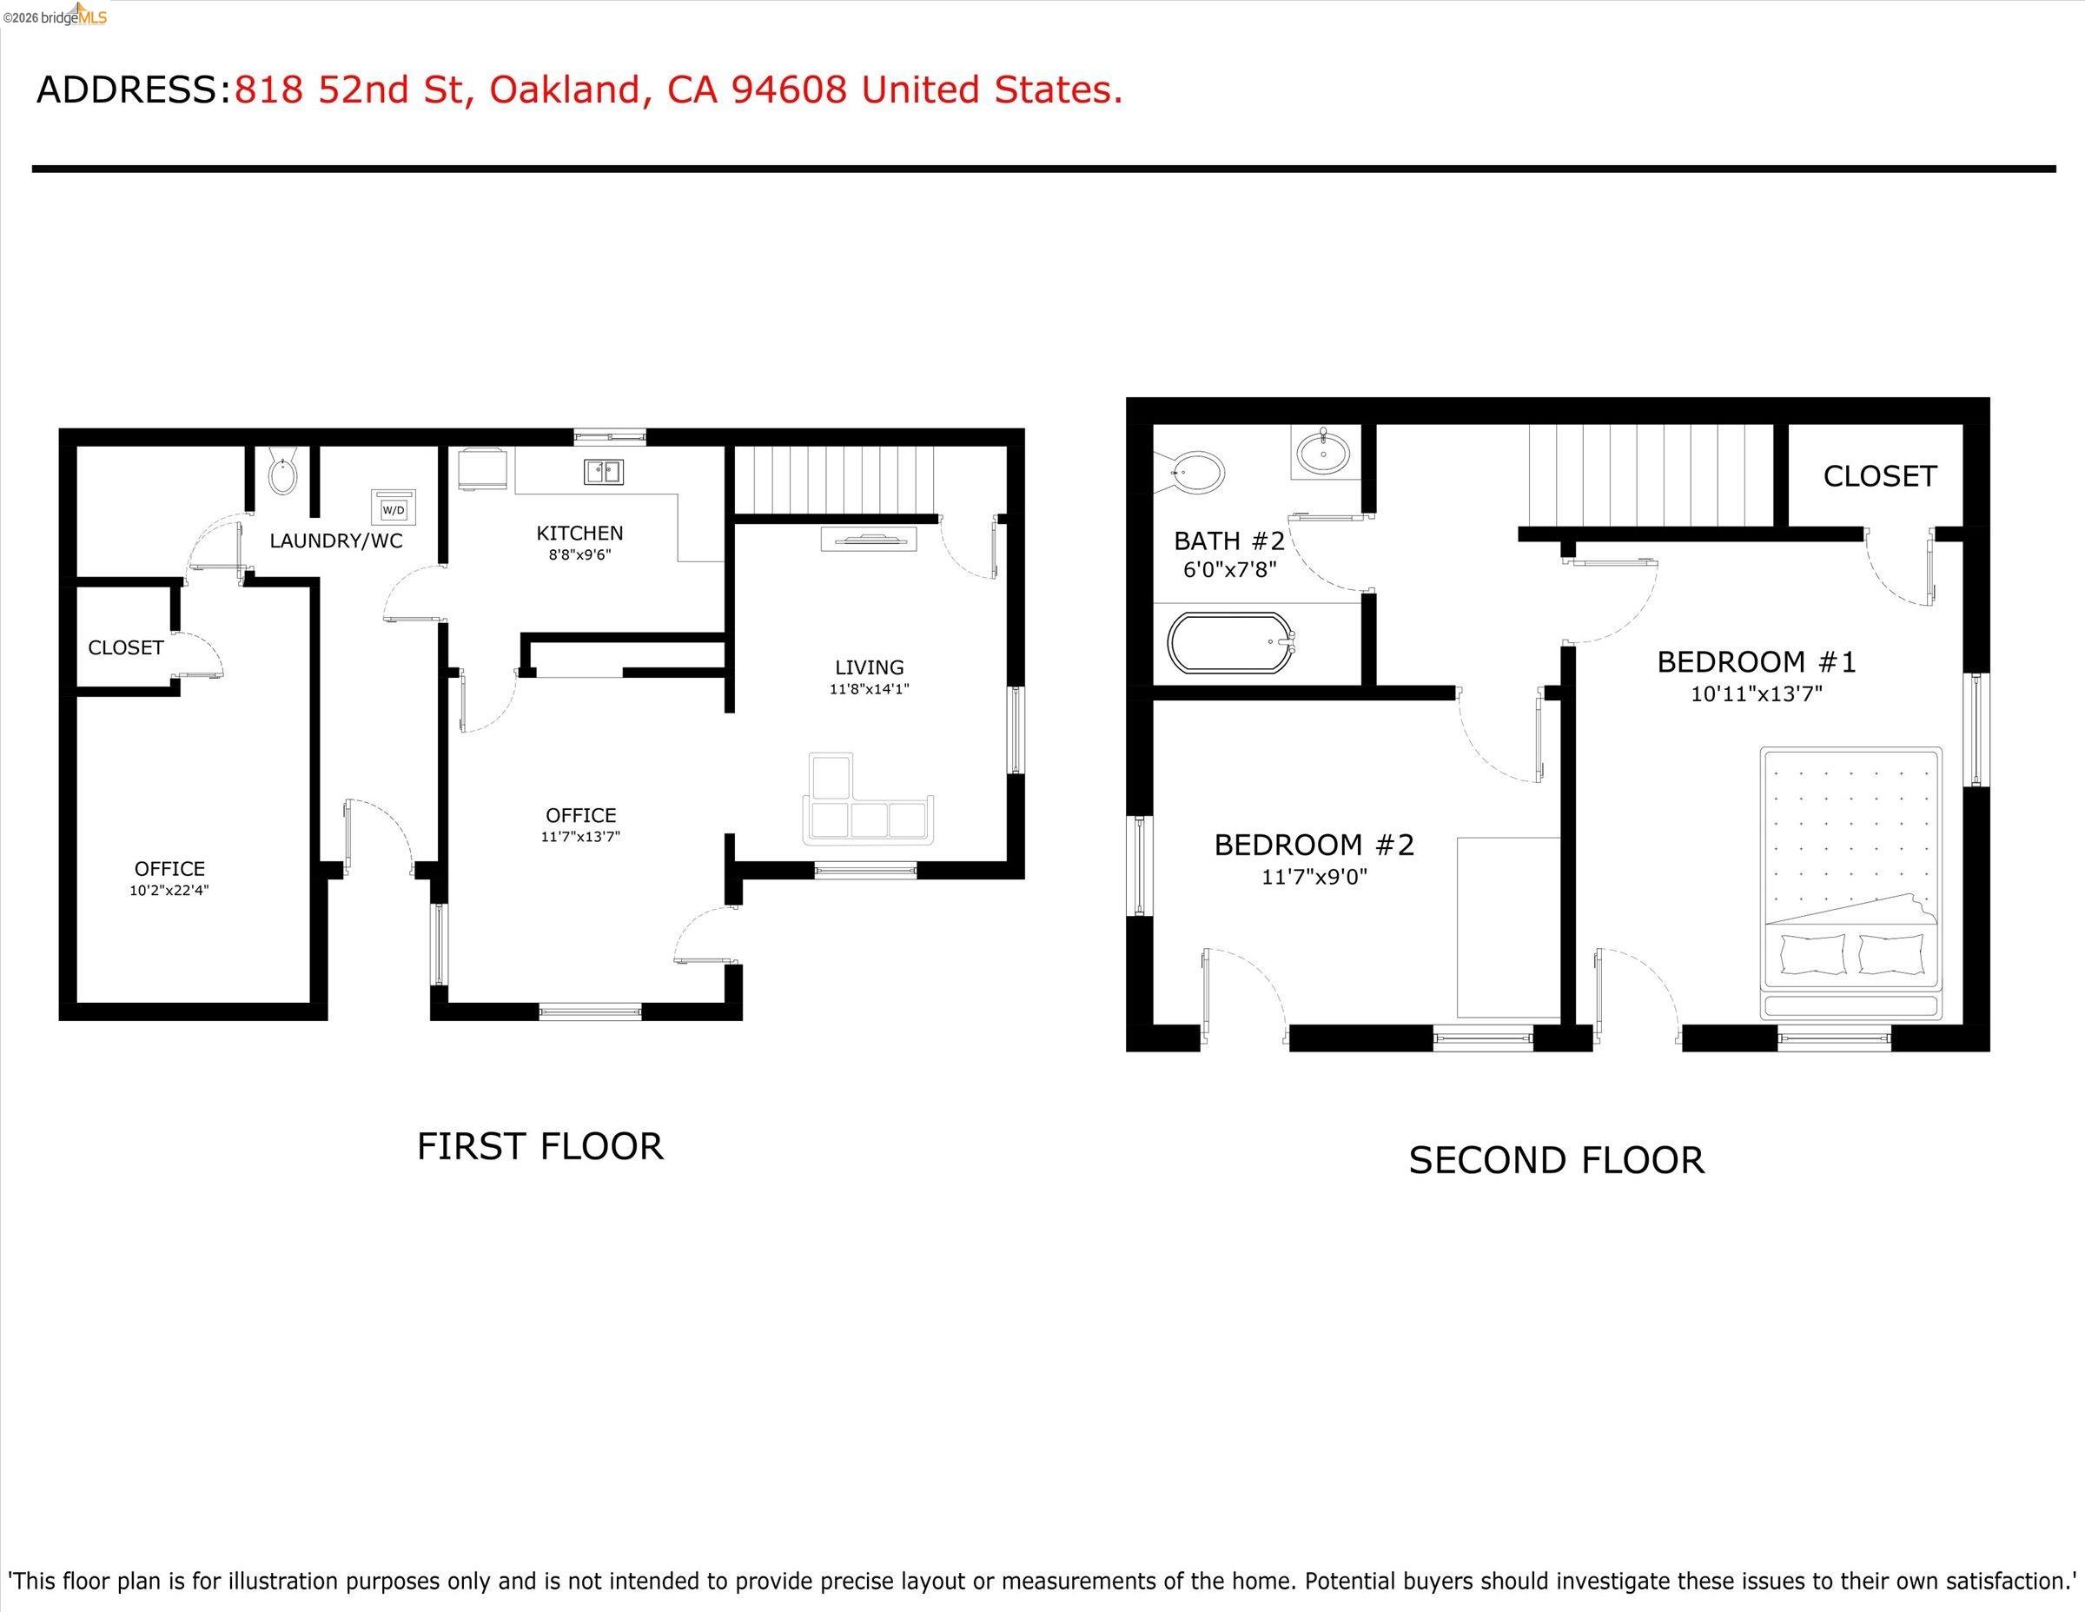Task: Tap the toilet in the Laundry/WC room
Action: [282, 474]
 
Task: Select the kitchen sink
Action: [604, 472]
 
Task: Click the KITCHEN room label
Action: [579, 533]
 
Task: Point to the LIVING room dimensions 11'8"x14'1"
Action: [869, 688]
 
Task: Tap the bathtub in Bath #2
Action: [1230, 643]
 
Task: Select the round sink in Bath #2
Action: [1323, 452]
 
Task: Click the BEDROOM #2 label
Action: [1314, 844]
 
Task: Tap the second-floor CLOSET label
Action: [1880, 475]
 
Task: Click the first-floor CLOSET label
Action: [126, 647]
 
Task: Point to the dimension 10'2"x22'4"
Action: [170, 890]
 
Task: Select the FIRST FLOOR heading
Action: [539, 1146]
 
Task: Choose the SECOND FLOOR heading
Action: [1556, 1160]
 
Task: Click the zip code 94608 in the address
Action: [789, 90]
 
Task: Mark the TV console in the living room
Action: [869, 541]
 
